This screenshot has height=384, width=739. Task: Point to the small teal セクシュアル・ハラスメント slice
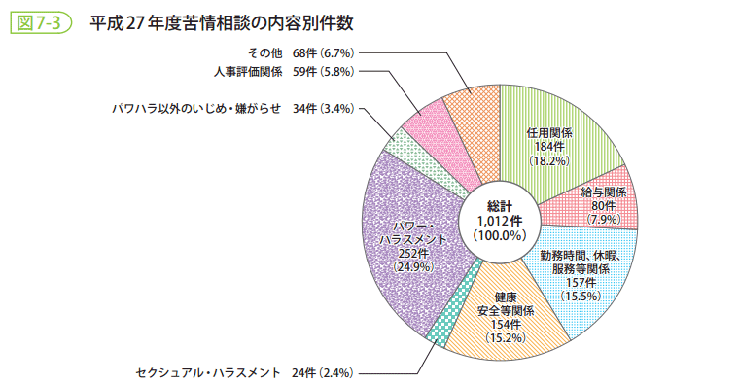[440, 332]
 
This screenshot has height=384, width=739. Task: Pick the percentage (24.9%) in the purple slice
[413, 266]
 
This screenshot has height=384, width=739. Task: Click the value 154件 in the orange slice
[504, 325]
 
